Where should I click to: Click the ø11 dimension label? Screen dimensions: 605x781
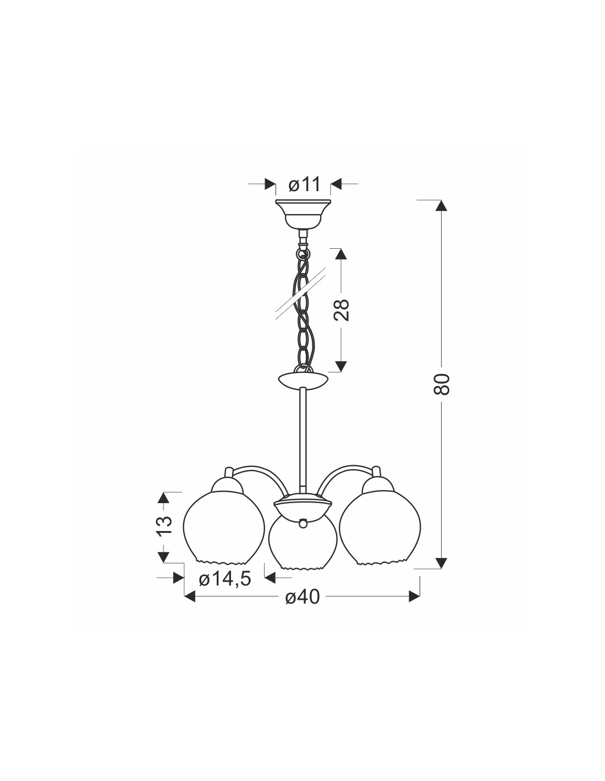coord(304,185)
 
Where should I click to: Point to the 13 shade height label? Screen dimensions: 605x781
coord(163,526)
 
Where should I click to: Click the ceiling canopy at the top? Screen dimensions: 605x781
coord(303,215)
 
